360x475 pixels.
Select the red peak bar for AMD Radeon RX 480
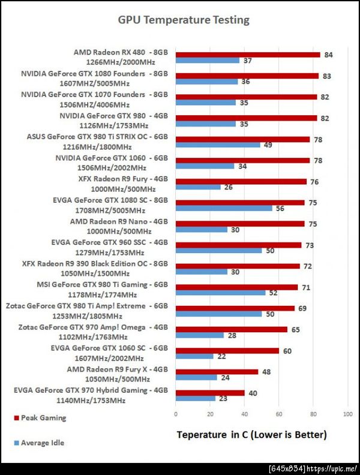coord(248,55)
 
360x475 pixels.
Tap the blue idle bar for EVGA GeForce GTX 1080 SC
coord(224,208)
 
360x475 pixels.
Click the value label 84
coord(328,55)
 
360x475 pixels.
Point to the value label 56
coord(280,208)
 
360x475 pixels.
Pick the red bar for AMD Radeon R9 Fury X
coord(217,371)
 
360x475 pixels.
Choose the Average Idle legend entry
coord(42,443)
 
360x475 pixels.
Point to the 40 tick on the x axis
coord(245,414)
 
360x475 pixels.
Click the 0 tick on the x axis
coord(176,414)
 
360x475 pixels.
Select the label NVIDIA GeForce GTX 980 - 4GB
coord(113,116)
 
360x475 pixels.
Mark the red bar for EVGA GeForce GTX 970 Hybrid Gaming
coord(210,393)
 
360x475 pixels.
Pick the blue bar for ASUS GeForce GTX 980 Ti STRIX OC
coord(218,145)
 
